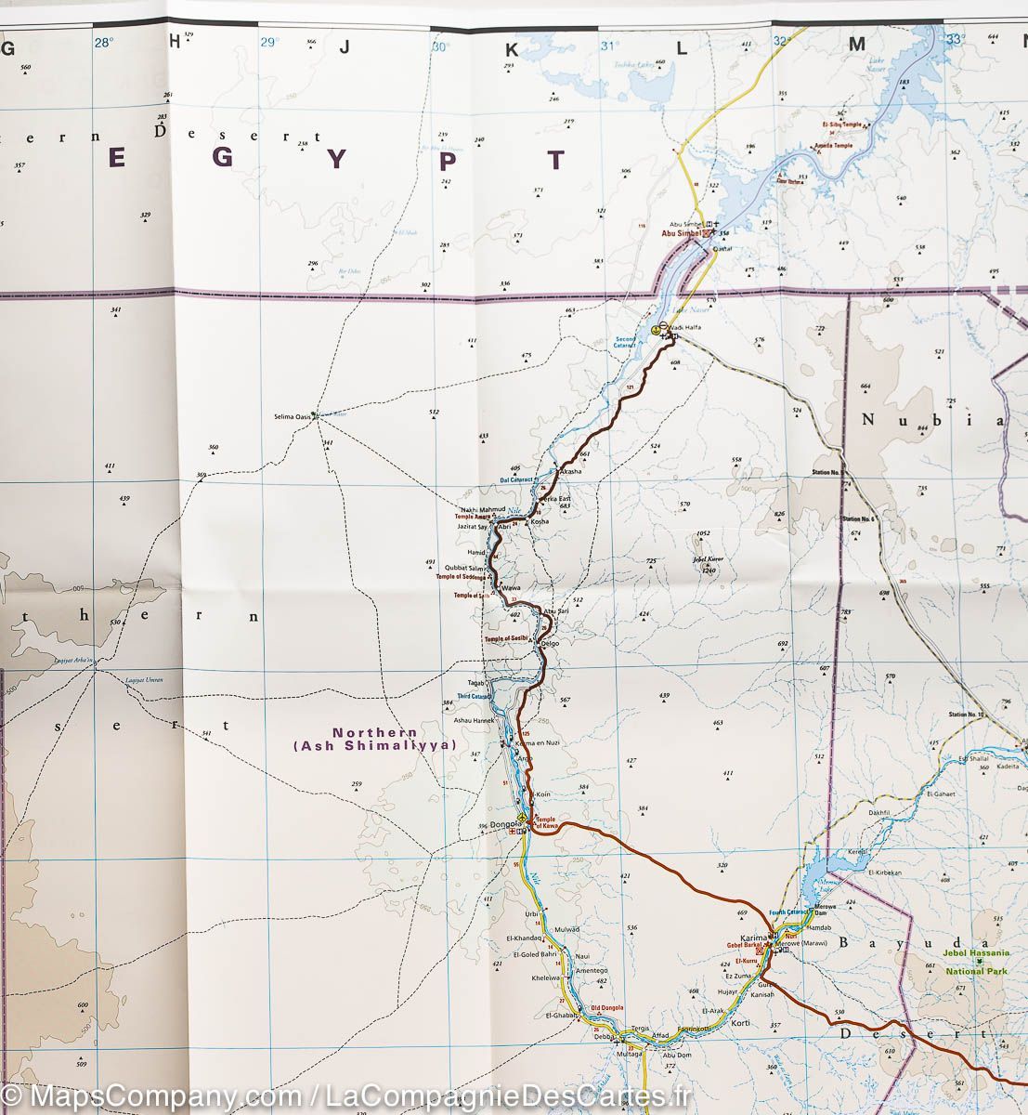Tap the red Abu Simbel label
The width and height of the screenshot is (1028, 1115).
[681, 234]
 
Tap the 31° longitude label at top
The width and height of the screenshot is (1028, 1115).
[609, 45]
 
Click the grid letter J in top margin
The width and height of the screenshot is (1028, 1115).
[344, 46]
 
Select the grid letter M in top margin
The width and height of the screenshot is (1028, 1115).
[856, 44]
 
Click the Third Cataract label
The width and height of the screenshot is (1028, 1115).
[474, 695]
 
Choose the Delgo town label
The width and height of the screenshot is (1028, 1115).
[549, 643]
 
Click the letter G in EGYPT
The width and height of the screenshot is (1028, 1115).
[222, 158]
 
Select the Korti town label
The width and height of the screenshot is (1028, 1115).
[740, 1023]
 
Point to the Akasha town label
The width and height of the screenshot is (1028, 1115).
[571, 472]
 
